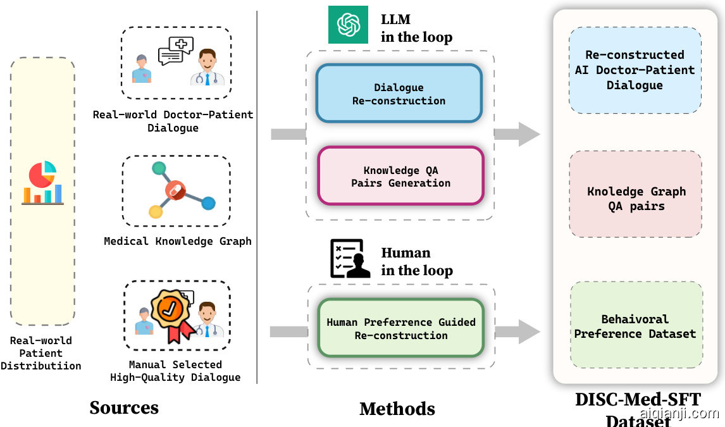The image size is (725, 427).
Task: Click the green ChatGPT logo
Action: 348,24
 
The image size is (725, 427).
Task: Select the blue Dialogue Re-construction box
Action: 399,94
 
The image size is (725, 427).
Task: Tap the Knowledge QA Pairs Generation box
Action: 400,176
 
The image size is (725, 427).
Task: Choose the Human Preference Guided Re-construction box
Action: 400,328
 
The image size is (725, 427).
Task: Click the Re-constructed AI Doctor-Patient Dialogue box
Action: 635,70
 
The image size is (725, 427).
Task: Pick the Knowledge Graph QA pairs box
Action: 635,198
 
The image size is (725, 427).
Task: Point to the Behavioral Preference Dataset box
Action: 635,326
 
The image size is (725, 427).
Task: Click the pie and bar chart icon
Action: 42,183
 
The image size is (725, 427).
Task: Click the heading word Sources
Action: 124,407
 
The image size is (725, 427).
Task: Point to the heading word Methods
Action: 397,408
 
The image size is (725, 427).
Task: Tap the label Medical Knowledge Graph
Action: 178,241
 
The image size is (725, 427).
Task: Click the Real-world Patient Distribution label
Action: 41,353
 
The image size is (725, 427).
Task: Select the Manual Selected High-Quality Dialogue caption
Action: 175,371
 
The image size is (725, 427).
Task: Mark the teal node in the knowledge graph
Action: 159,169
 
